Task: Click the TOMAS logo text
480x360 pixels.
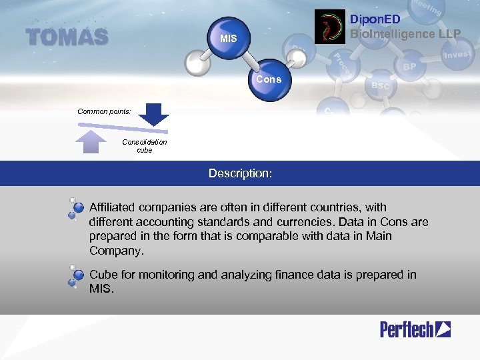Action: (67, 37)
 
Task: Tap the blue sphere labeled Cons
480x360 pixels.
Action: (269, 81)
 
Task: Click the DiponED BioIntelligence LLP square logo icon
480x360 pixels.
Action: (331, 27)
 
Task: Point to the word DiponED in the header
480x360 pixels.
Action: (375, 20)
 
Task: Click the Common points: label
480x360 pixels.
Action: (104, 111)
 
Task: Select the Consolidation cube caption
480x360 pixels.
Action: (145, 146)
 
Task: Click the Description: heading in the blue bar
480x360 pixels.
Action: (240, 173)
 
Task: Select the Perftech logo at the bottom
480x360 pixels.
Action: (415, 329)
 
